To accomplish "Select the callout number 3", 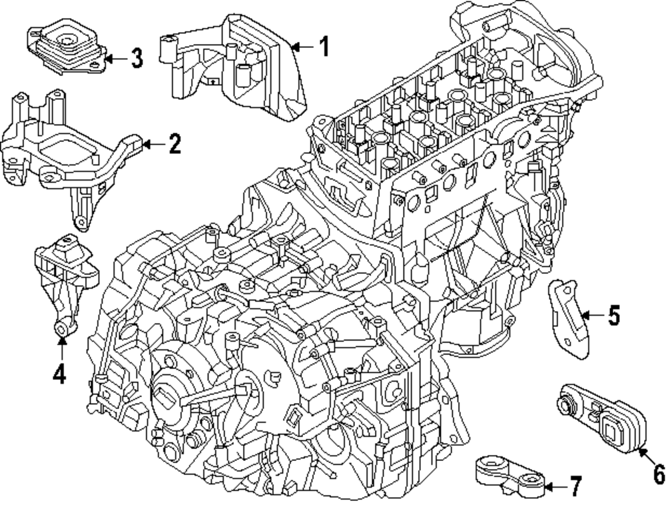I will (x=136, y=59).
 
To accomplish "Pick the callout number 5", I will (x=613, y=314).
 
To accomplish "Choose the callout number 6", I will (x=657, y=474).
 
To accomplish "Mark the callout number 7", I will (x=575, y=487).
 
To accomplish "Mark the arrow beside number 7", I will (x=554, y=487).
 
